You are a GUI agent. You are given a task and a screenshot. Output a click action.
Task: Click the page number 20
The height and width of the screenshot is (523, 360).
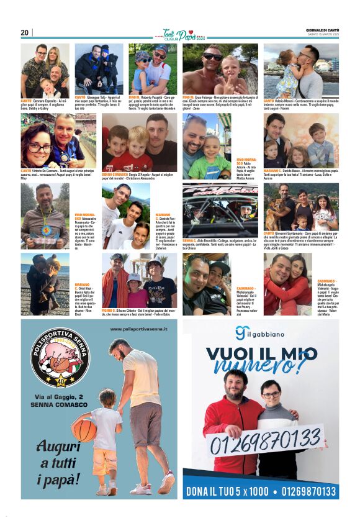[25, 33]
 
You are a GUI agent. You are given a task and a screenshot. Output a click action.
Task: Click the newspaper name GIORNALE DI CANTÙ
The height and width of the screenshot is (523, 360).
[322, 29]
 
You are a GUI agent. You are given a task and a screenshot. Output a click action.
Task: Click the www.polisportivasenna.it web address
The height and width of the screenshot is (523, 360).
[140, 329]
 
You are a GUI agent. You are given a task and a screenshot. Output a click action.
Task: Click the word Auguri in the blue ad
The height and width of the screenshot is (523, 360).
[59, 447]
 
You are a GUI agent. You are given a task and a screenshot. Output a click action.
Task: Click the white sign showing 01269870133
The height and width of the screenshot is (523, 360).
[263, 442]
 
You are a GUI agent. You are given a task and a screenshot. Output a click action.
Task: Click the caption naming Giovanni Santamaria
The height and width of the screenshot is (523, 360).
[301, 240]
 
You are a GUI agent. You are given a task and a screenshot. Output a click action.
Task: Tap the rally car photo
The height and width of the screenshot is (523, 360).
[220, 209]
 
